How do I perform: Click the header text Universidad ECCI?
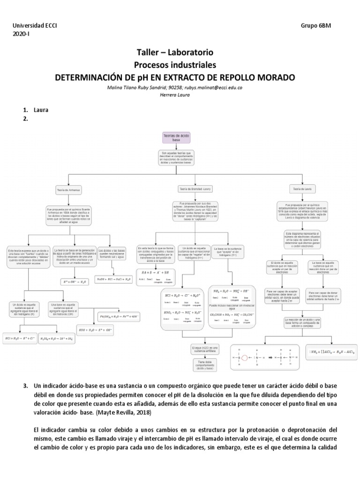[x=35, y=26]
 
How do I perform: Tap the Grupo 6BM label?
[x=316, y=26]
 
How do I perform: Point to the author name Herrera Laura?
[x=175, y=95]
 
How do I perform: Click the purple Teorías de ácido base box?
[x=176, y=137]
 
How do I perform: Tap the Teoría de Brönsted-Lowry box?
[x=195, y=188]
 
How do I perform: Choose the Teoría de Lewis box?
[x=301, y=188]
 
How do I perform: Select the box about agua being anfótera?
[x=205, y=348]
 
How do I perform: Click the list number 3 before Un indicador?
[x=26, y=386]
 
